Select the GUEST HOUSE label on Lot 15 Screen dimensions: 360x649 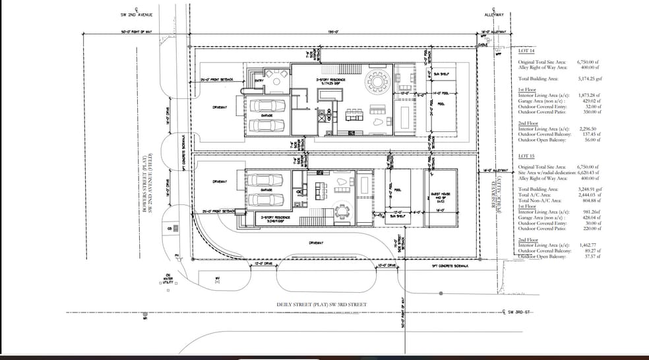coord(440,196)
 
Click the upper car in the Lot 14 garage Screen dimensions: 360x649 coord(266,105)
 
